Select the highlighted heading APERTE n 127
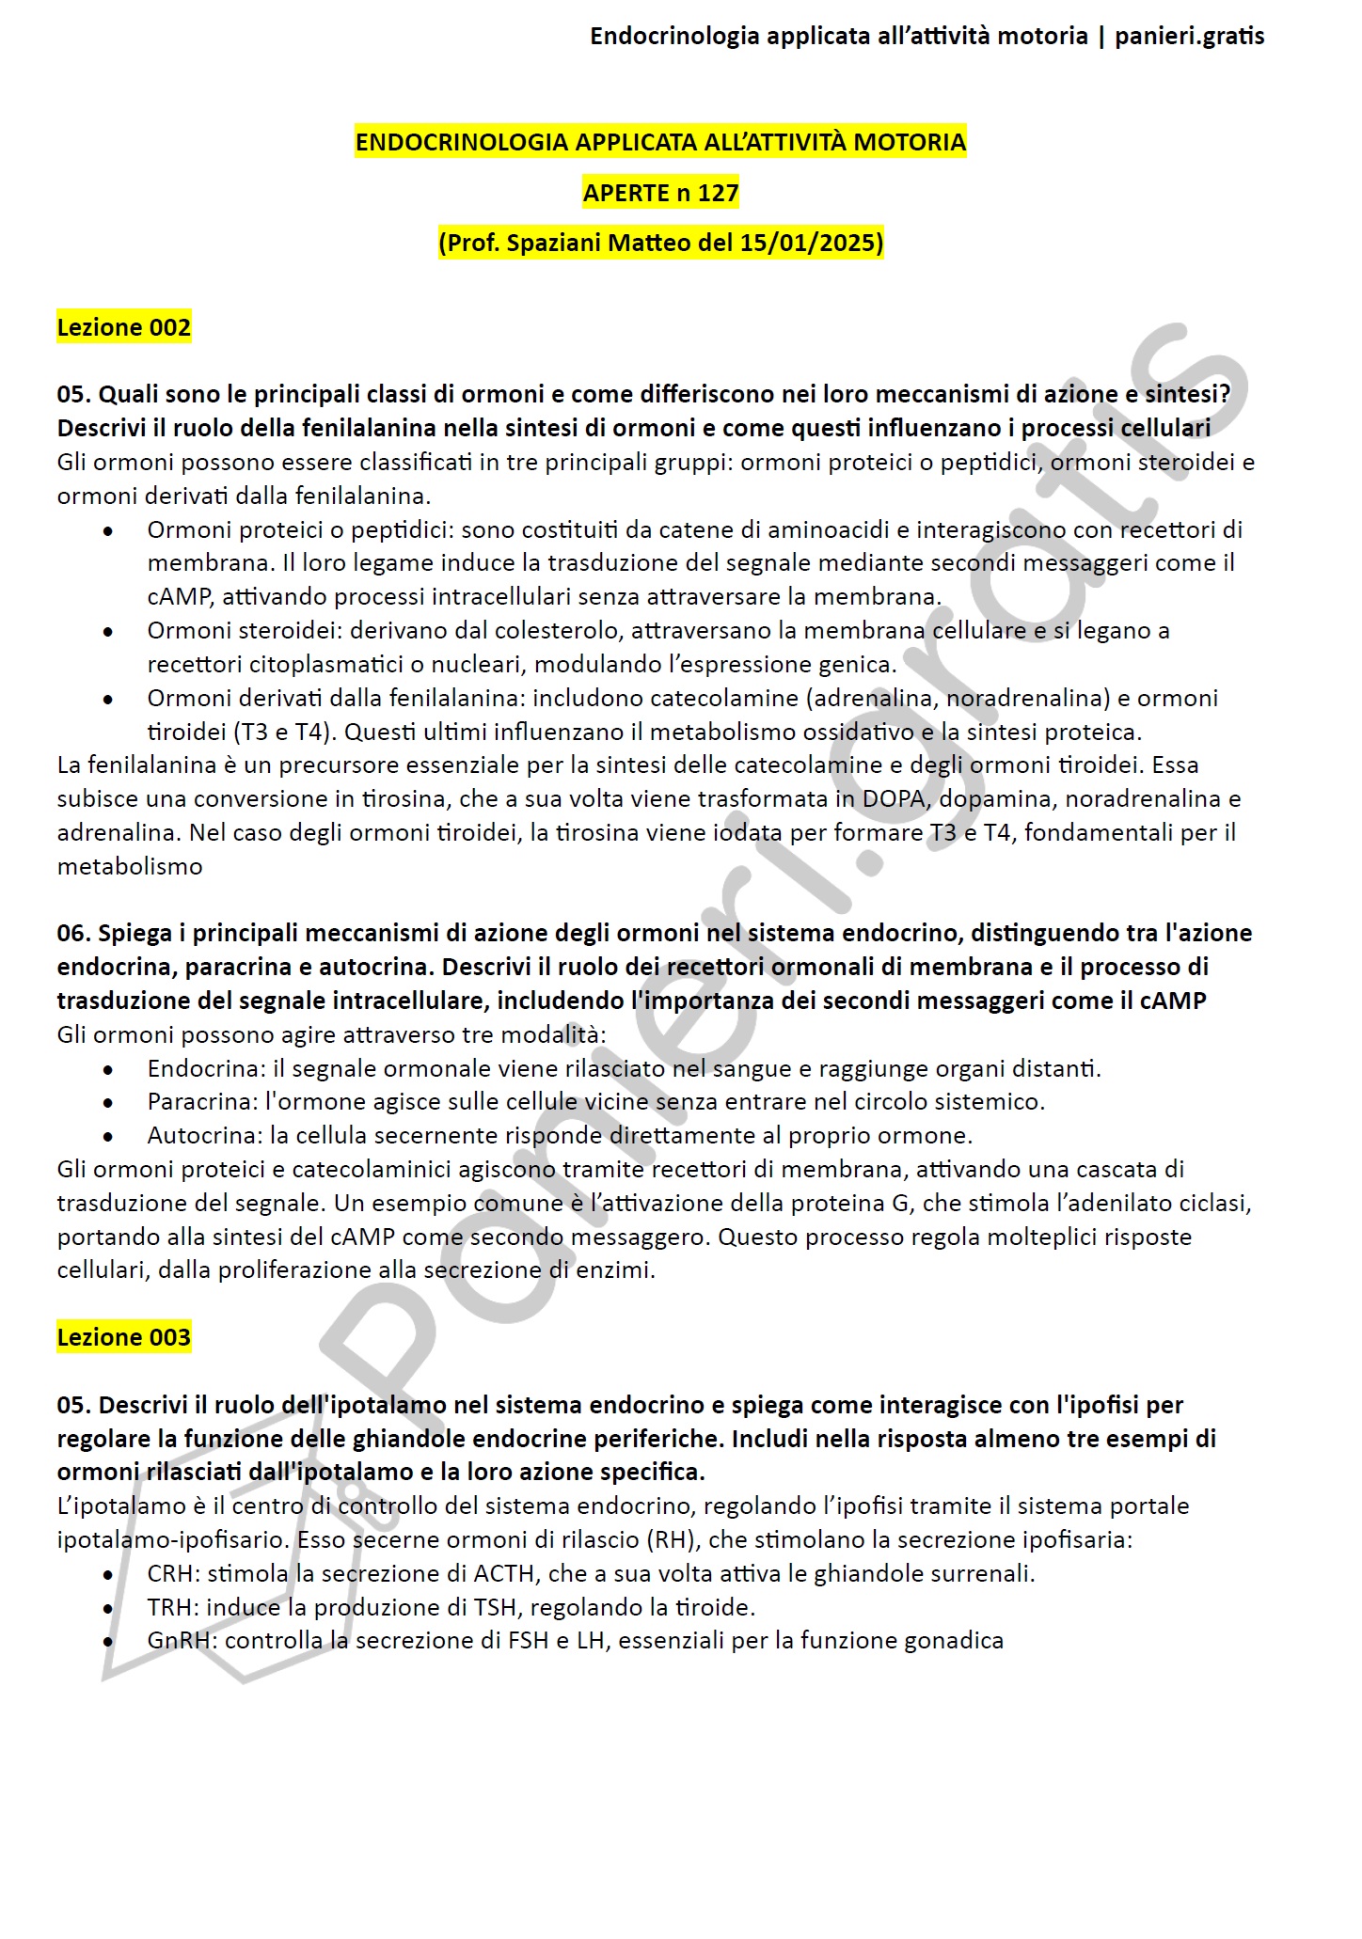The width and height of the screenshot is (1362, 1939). [660, 193]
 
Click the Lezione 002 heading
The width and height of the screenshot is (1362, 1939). [124, 327]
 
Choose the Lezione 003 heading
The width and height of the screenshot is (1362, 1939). [124, 1336]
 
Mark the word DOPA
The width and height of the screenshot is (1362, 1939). [894, 798]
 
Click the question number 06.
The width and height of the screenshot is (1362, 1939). [72, 933]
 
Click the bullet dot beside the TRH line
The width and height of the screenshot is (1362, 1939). [109, 1608]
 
